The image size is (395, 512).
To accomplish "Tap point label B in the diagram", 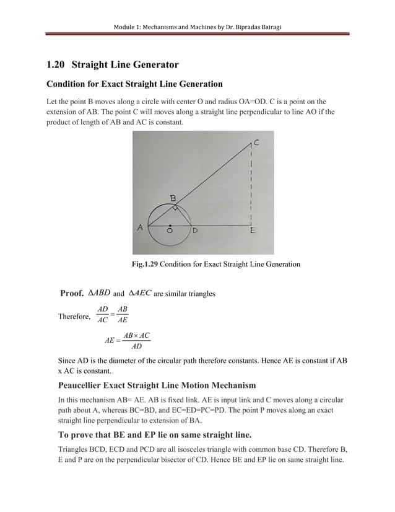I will (173, 197).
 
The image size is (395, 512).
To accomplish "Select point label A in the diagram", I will (140, 227).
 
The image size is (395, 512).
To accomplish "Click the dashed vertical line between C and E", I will (251, 186).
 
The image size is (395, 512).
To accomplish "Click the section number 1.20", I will (58, 64).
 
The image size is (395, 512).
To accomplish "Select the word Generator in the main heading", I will (153, 64).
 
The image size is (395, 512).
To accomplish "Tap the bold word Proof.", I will (72, 293).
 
